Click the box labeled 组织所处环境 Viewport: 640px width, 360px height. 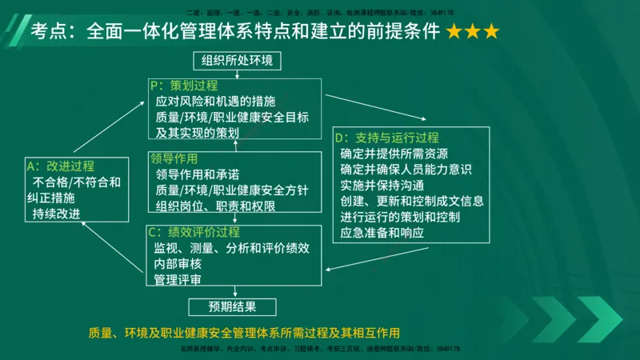[x=235, y=60]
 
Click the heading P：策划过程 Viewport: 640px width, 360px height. [x=183, y=85]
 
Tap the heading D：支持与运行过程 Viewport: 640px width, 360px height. [x=386, y=138]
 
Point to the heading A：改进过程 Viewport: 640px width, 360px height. [x=61, y=166]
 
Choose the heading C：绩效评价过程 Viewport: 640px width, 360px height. [x=194, y=232]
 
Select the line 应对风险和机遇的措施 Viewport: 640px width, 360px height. [x=215, y=101]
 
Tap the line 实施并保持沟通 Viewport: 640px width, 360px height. [x=382, y=185]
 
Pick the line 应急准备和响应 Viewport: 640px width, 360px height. [x=382, y=233]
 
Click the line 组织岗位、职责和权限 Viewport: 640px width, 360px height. [x=215, y=206]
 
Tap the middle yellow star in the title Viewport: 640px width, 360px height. [x=471, y=33]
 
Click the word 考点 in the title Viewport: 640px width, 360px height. [x=47, y=32]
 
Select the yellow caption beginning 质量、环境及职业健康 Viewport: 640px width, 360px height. [x=244, y=332]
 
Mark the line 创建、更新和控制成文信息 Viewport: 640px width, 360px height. [x=411, y=201]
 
